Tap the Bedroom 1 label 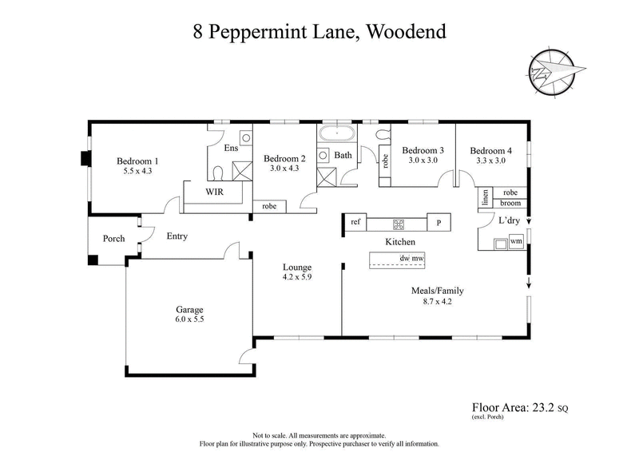[137, 159]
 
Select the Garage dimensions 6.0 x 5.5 [190, 320]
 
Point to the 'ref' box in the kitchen [355, 222]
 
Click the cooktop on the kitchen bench [395, 223]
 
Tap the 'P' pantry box [438, 223]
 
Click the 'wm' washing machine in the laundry [516, 240]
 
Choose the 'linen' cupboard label [484, 197]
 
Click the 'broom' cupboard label [510, 204]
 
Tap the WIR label [215, 192]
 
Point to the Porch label [113, 239]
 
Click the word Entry [177, 236]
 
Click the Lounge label [296, 267]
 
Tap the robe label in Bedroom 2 [269, 206]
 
